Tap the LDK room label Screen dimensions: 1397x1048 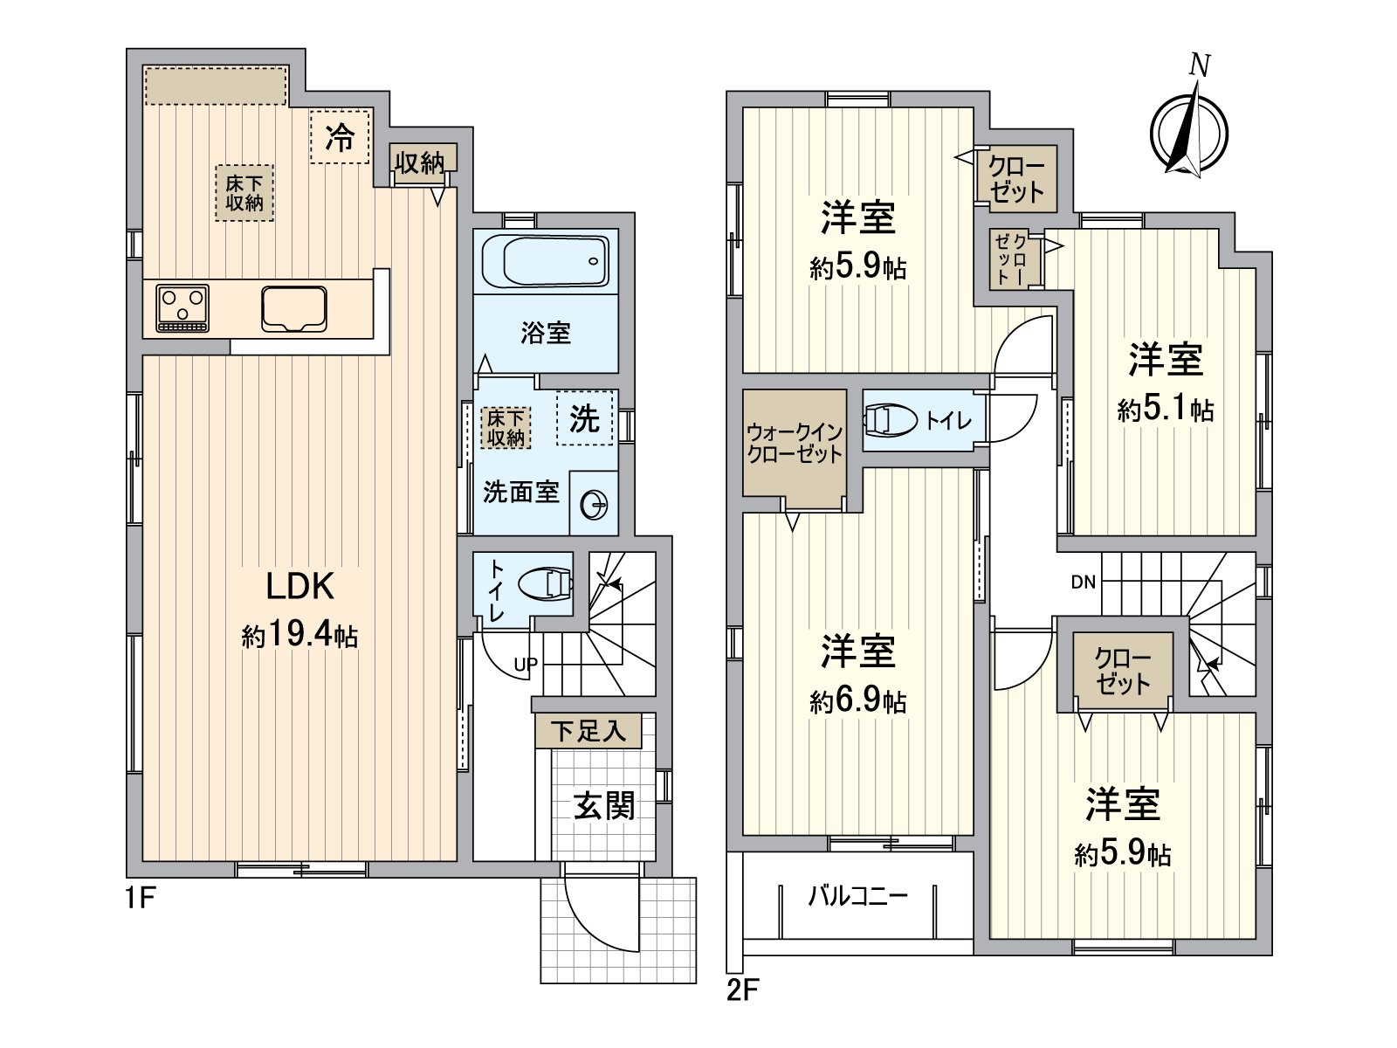tap(299, 586)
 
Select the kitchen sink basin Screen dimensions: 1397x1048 tap(294, 309)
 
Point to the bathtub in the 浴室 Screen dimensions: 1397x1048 tap(546, 261)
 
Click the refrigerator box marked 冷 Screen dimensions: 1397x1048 tap(340, 136)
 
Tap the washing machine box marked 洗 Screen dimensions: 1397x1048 tap(585, 418)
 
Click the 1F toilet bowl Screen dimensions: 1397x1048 tap(546, 583)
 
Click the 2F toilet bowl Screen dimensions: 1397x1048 tap(891, 421)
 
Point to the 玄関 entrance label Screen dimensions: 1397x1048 tap(604, 807)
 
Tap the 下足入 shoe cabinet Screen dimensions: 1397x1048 tap(588, 731)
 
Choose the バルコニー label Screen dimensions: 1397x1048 tap(858, 897)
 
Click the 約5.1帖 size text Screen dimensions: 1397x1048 tap(1166, 410)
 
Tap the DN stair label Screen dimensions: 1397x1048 tap(1083, 582)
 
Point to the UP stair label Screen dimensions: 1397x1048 tap(526, 665)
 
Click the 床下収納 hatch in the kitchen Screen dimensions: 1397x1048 tap(244, 193)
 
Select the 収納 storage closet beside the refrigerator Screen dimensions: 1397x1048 tap(419, 163)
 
